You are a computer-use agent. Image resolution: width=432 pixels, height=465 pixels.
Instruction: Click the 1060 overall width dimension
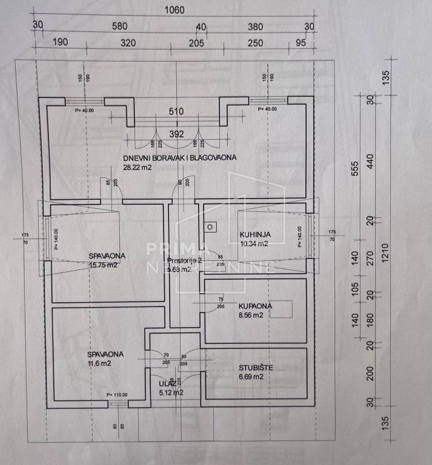[174, 10]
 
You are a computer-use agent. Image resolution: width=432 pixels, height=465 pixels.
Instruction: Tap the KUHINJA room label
[254, 234]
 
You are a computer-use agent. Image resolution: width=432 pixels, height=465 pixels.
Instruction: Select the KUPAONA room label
[254, 306]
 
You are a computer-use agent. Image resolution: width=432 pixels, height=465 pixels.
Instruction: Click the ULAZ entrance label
[167, 383]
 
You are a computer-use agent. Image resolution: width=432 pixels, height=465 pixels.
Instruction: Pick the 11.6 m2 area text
[98, 363]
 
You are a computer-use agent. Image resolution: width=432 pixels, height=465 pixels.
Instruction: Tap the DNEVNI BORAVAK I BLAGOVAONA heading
[179, 157]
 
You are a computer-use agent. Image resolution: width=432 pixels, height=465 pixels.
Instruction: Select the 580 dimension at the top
[119, 26]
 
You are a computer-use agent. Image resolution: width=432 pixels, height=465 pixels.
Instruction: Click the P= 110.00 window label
[117, 395]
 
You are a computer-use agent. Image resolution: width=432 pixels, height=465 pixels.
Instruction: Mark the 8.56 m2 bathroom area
[250, 315]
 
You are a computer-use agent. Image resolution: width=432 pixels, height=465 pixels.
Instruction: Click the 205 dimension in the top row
[194, 42]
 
